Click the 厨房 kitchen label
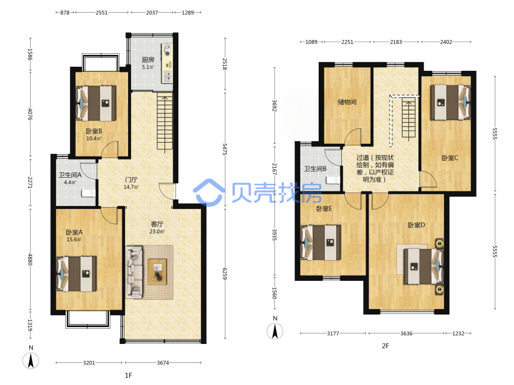point(148,60)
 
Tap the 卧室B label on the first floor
point(94,131)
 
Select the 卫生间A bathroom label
point(70,175)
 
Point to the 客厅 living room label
point(157,224)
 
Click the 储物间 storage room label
point(347,102)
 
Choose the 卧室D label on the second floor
point(416,225)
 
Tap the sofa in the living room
point(134,273)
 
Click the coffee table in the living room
point(157,272)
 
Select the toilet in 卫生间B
point(334,180)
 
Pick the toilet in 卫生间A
point(88,193)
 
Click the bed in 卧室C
point(450,102)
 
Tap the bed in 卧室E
point(321,243)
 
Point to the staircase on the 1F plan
point(165,123)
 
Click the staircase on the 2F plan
point(409,120)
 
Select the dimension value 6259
point(225,274)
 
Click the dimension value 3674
point(163,363)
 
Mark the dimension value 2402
point(446,42)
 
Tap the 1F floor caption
point(128,375)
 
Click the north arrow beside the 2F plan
point(275,331)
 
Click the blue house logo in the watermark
point(209,192)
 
